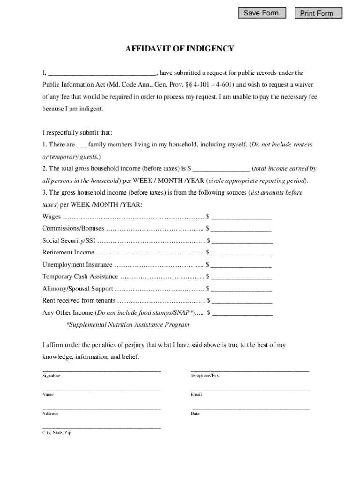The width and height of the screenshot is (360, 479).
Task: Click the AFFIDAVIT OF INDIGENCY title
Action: pos(180,49)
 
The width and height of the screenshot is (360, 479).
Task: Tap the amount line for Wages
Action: pos(242,218)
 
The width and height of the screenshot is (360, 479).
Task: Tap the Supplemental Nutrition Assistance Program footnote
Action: pos(128,325)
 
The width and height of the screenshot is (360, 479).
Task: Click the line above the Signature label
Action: pos(101,371)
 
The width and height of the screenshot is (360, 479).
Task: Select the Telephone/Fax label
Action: pos(204,376)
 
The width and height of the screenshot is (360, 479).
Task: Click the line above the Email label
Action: pos(250,390)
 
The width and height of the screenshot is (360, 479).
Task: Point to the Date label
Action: pos(195,414)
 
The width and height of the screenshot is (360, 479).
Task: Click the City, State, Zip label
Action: pos(57,433)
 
